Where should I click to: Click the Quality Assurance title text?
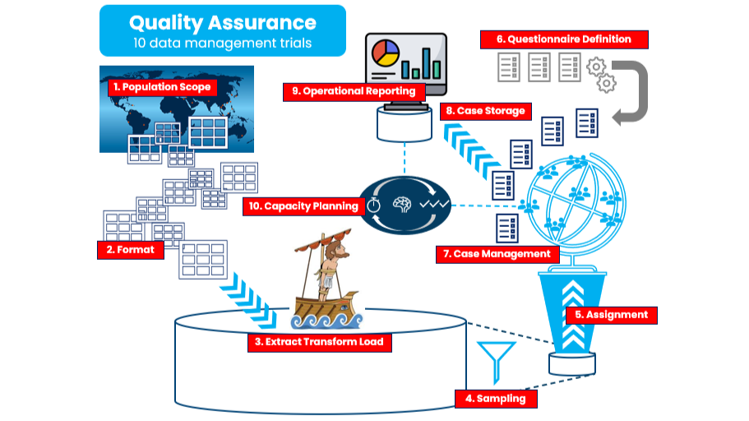click(x=222, y=22)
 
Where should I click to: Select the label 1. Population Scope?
click(x=162, y=86)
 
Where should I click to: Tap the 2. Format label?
click(x=131, y=249)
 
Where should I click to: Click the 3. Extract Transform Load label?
click(x=319, y=341)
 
